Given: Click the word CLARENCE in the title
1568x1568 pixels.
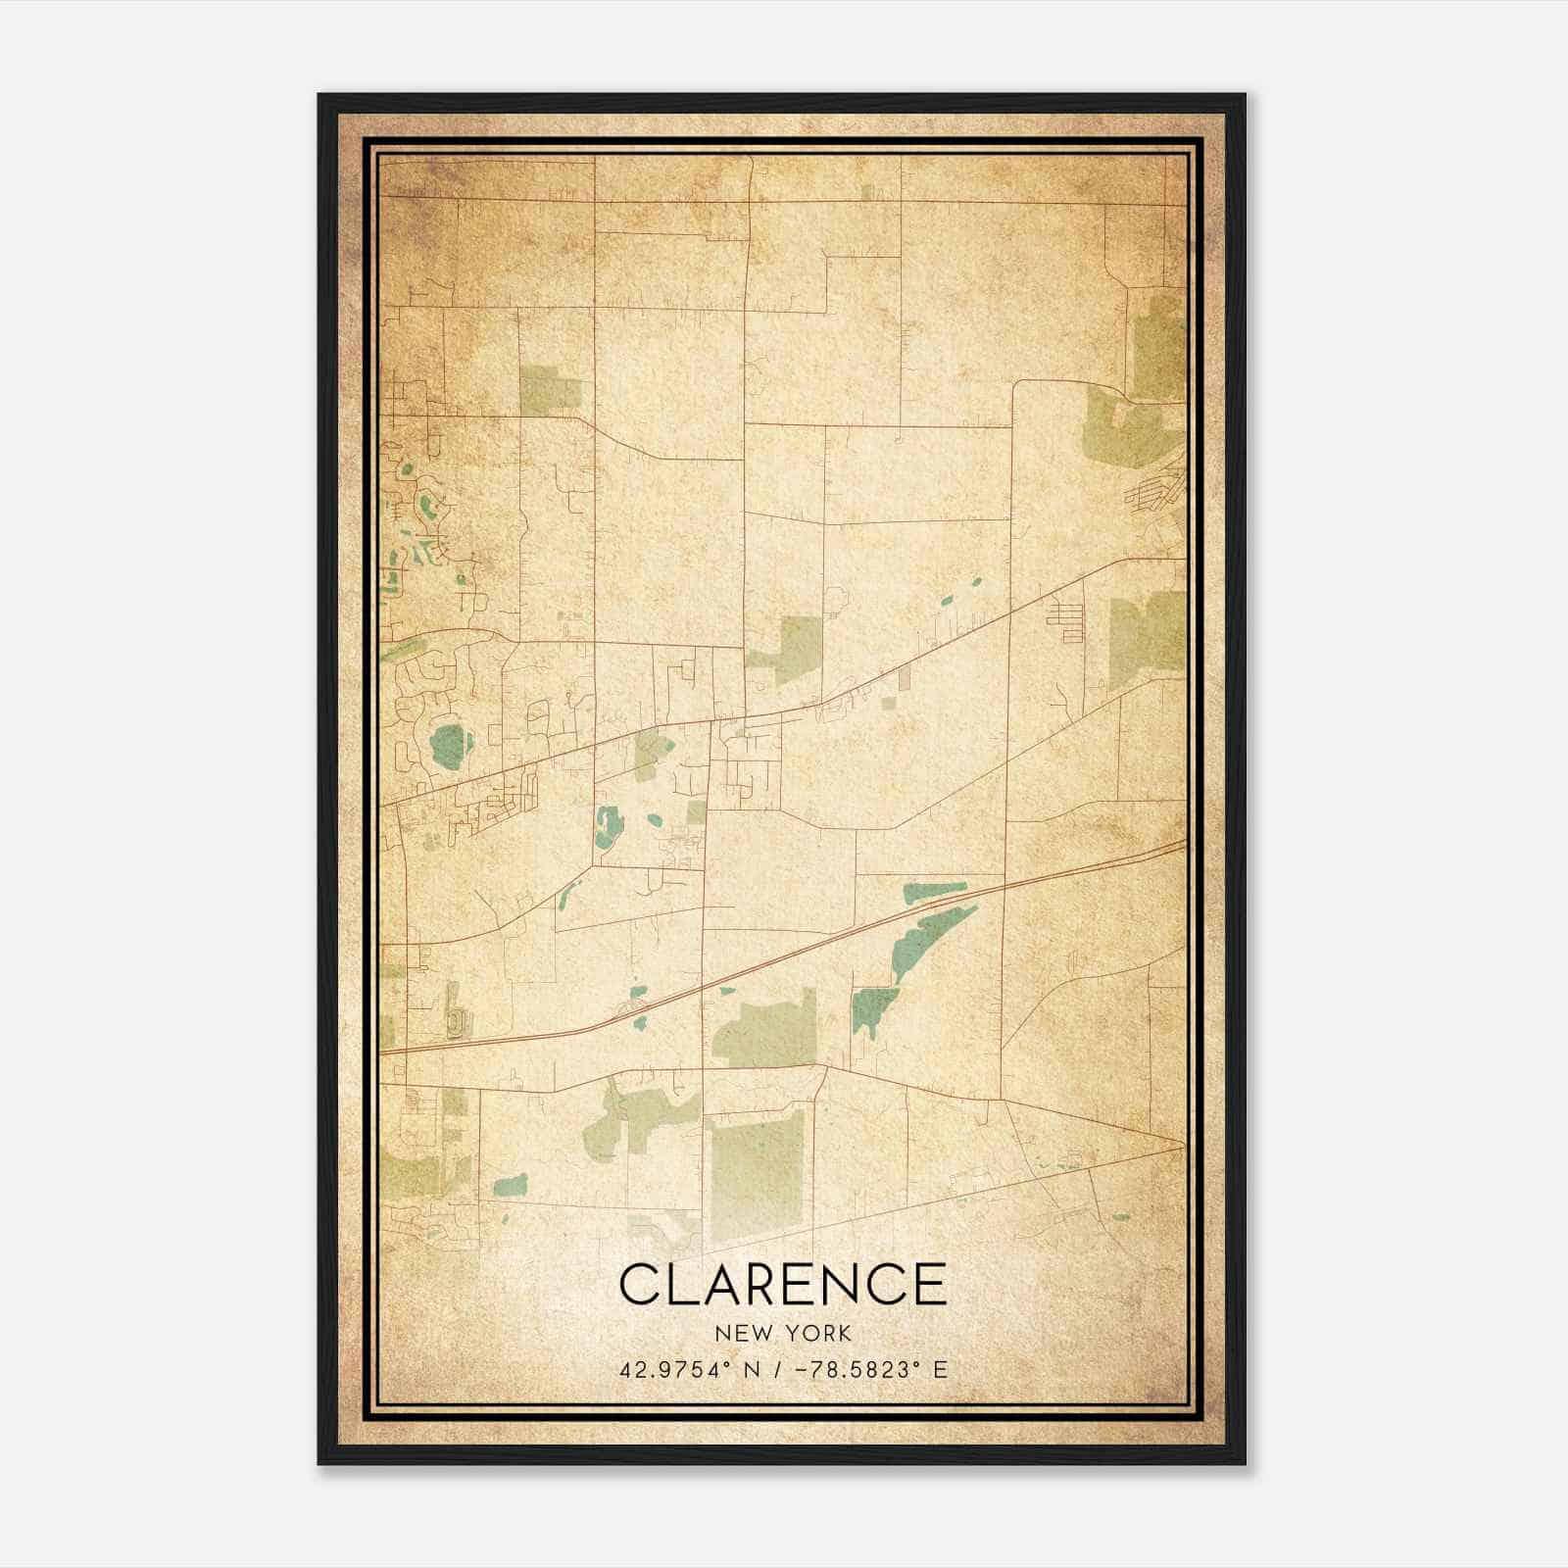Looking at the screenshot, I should [x=783, y=1284].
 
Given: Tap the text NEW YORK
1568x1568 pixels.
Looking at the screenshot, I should [x=783, y=1334].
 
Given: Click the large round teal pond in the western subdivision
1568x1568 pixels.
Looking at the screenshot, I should [x=449, y=746].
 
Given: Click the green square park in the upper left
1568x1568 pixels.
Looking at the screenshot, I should [x=550, y=389].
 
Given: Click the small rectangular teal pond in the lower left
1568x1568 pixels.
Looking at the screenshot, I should [x=510, y=1187].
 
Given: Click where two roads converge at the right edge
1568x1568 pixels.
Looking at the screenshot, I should [x=1181, y=1143].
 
